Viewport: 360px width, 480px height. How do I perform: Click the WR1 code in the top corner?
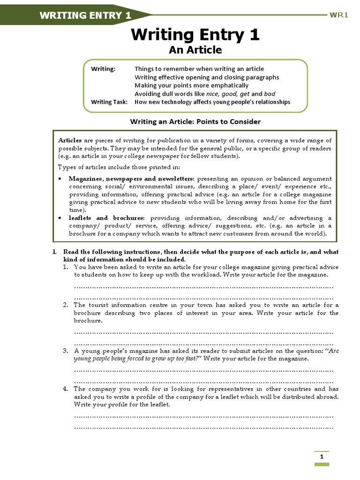339,15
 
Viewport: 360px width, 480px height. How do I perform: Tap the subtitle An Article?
195,50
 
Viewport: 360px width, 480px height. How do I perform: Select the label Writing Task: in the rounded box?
109,102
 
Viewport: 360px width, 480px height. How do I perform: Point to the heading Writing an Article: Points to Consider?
195,121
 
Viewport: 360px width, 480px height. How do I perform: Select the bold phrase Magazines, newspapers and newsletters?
131,179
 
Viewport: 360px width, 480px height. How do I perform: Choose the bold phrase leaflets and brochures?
107,218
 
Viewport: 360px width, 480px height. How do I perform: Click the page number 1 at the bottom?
322,457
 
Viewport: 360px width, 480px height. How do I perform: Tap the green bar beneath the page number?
322,464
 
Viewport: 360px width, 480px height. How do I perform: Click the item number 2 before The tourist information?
66,305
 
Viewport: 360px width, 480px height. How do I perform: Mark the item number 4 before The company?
66,389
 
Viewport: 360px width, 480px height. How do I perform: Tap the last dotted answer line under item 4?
203,427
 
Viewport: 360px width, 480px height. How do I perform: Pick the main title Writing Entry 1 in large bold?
195,35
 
